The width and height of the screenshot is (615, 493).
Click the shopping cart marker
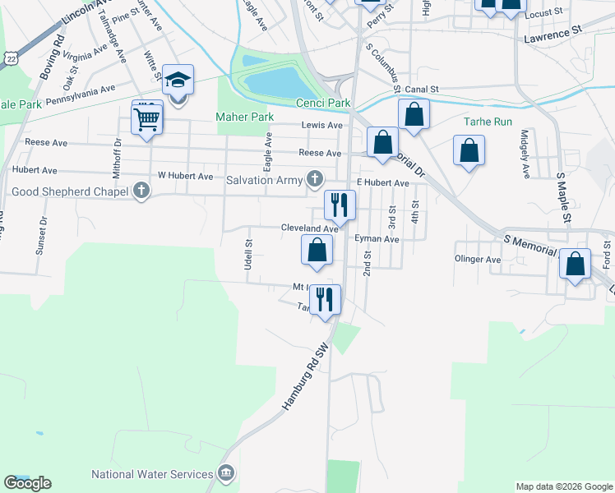click(x=147, y=120)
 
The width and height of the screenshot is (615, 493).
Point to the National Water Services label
click(x=152, y=474)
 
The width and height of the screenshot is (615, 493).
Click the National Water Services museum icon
click(x=226, y=473)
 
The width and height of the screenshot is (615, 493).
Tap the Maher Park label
click(x=244, y=117)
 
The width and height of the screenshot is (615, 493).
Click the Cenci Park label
click(x=323, y=103)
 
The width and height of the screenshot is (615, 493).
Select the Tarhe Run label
click(x=488, y=121)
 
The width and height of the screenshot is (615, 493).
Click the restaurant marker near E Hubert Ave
click(x=339, y=205)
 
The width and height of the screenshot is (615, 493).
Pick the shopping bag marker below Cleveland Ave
click(x=317, y=250)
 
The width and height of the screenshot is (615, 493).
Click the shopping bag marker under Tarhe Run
click(x=469, y=150)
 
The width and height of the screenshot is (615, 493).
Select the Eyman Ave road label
click(x=377, y=239)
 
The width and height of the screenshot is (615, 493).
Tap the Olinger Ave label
click(x=478, y=259)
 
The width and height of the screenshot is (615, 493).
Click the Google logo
click(x=27, y=483)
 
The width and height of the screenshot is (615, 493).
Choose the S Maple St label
click(x=563, y=198)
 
